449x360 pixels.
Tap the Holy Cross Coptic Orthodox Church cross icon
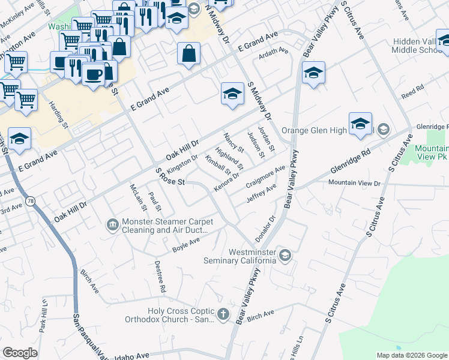click(x=223, y=314)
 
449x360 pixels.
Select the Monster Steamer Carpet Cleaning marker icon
click(x=112, y=225)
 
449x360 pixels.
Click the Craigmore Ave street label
click(x=265, y=176)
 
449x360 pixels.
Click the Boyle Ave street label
click(x=185, y=245)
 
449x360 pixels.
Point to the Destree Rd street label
click(x=159, y=277)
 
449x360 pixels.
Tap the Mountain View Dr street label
click(x=354, y=182)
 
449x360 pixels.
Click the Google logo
click(x=20, y=353)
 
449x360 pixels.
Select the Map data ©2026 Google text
click(x=412, y=355)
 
